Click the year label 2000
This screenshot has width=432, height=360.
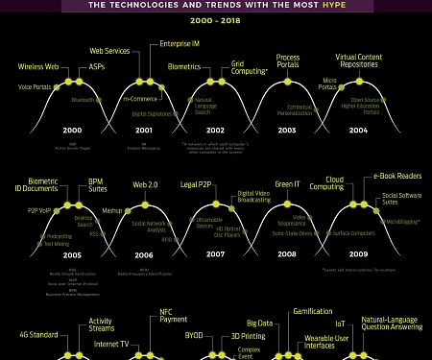[x=70, y=131]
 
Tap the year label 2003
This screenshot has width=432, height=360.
[x=286, y=131]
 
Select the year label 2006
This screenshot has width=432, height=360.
[x=143, y=255]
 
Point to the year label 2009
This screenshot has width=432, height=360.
[x=358, y=255]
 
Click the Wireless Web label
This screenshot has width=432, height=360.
[x=38, y=67]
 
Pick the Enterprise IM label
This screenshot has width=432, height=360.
[x=179, y=44]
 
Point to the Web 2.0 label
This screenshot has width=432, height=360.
[x=145, y=184]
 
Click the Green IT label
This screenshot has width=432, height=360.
[x=289, y=184]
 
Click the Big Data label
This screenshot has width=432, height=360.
[x=259, y=323]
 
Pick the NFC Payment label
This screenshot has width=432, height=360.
[x=173, y=316]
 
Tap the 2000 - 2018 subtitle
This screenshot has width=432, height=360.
[x=215, y=22]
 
